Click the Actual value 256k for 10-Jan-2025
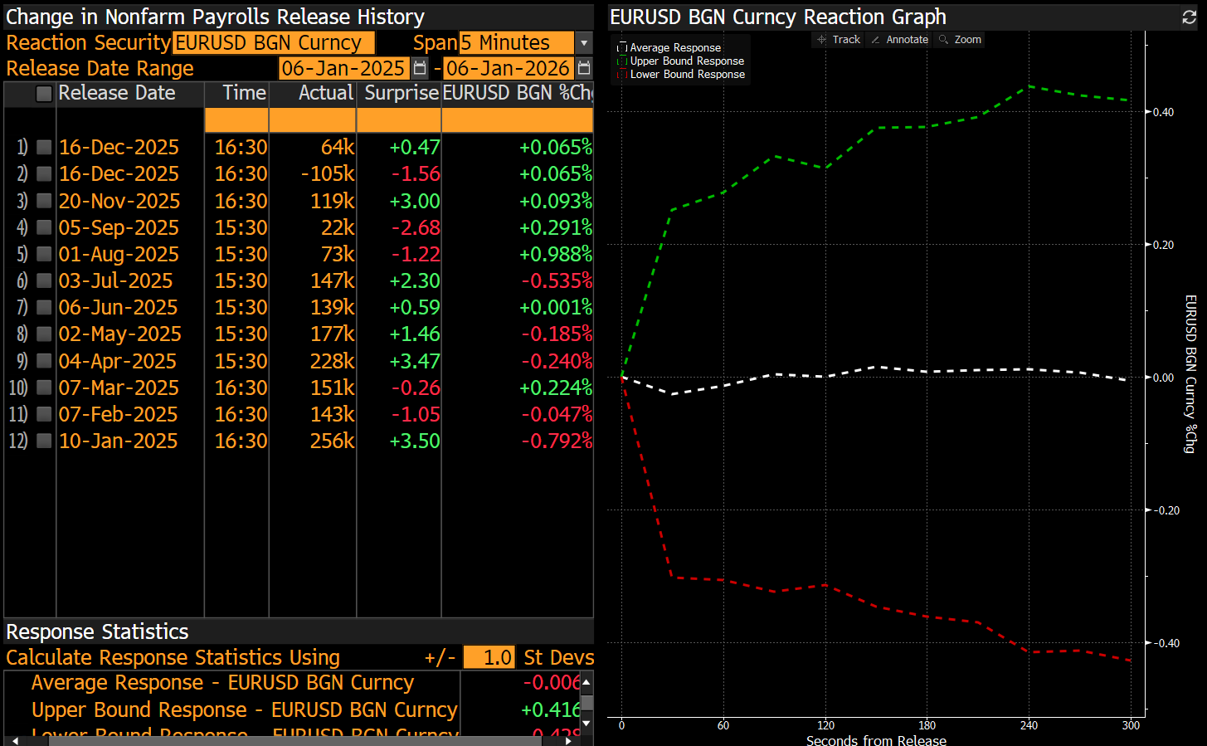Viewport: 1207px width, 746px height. point(332,441)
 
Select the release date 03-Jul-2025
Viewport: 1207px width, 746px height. point(115,280)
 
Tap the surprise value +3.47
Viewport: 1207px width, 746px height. point(414,361)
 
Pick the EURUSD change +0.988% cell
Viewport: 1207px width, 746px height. point(555,254)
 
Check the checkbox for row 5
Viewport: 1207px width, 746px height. point(44,254)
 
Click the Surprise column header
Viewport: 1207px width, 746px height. point(402,93)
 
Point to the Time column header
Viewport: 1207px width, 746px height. point(244,93)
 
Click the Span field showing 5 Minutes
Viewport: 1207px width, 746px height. point(515,42)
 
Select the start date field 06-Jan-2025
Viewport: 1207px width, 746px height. point(343,68)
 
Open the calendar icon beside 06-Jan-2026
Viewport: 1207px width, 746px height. point(584,68)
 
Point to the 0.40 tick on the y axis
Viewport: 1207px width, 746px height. point(1163,112)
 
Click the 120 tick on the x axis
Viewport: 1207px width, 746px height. point(825,725)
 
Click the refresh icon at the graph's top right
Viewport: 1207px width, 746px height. point(1189,17)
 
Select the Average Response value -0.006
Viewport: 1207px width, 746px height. point(551,682)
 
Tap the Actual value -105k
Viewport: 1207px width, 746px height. point(328,173)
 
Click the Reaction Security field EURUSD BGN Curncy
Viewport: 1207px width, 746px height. point(273,42)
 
